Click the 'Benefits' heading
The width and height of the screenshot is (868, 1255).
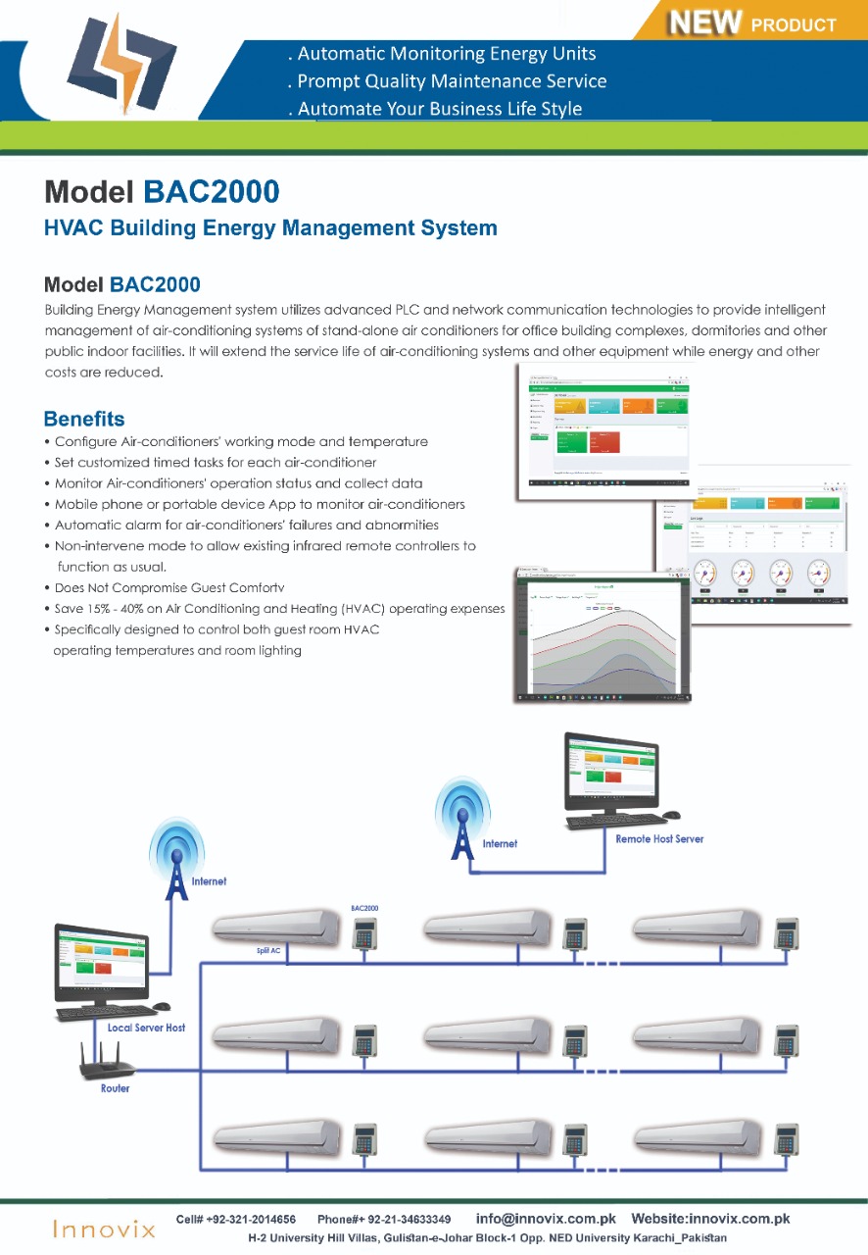point(84,420)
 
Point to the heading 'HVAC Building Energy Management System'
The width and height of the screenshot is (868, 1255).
point(271,228)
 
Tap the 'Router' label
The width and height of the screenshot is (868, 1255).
point(115,1088)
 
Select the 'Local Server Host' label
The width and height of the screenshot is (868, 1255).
point(146,1028)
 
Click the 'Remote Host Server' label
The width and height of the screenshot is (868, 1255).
point(659,839)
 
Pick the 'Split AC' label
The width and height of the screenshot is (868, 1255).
point(268,951)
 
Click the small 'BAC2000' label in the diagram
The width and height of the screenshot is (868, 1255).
point(364,909)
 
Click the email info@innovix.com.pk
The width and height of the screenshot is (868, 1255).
point(546,1219)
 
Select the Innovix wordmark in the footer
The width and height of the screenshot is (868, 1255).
point(104,1229)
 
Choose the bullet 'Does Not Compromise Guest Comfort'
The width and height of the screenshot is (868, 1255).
point(169,588)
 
